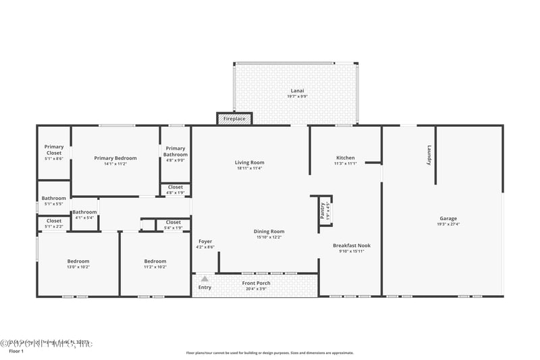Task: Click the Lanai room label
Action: (x=297, y=91)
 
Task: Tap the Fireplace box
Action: (x=234, y=119)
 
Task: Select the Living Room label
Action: (x=249, y=162)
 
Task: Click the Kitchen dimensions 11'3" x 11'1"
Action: (x=345, y=163)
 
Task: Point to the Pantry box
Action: (x=323, y=210)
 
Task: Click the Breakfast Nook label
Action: (x=352, y=245)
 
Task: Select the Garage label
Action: (x=448, y=218)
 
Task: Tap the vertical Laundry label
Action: (x=429, y=155)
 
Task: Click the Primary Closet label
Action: (x=54, y=149)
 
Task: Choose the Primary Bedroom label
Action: (x=115, y=158)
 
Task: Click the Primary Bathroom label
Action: (x=175, y=151)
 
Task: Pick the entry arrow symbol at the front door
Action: (x=205, y=278)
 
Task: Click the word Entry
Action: (x=205, y=287)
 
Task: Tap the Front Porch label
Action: (x=256, y=282)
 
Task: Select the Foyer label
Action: (x=205, y=241)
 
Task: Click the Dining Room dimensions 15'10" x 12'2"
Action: (x=269, y=237)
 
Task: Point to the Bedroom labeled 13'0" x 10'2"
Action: (x=78, y=261)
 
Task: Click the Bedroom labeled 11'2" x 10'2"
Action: (x=155, y=261)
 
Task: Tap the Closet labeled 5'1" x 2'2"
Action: (x=54, y=221)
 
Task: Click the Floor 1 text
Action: (x=16, y=351)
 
